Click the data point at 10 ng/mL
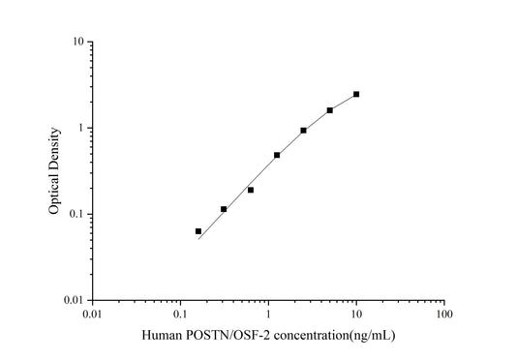click(x=356, y=94)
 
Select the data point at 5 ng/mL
click(x=330, y=110)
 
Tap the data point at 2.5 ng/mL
click(x=303, y=131)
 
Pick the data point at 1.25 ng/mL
click(x=277, y=155)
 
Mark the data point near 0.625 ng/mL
click(x=251, y=190)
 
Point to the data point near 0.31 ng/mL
click(x=224, y=209)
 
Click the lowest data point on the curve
click(x=198, y=231)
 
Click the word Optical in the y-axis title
click(x=55, y=195)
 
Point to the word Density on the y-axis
click(x=55, y=150)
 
